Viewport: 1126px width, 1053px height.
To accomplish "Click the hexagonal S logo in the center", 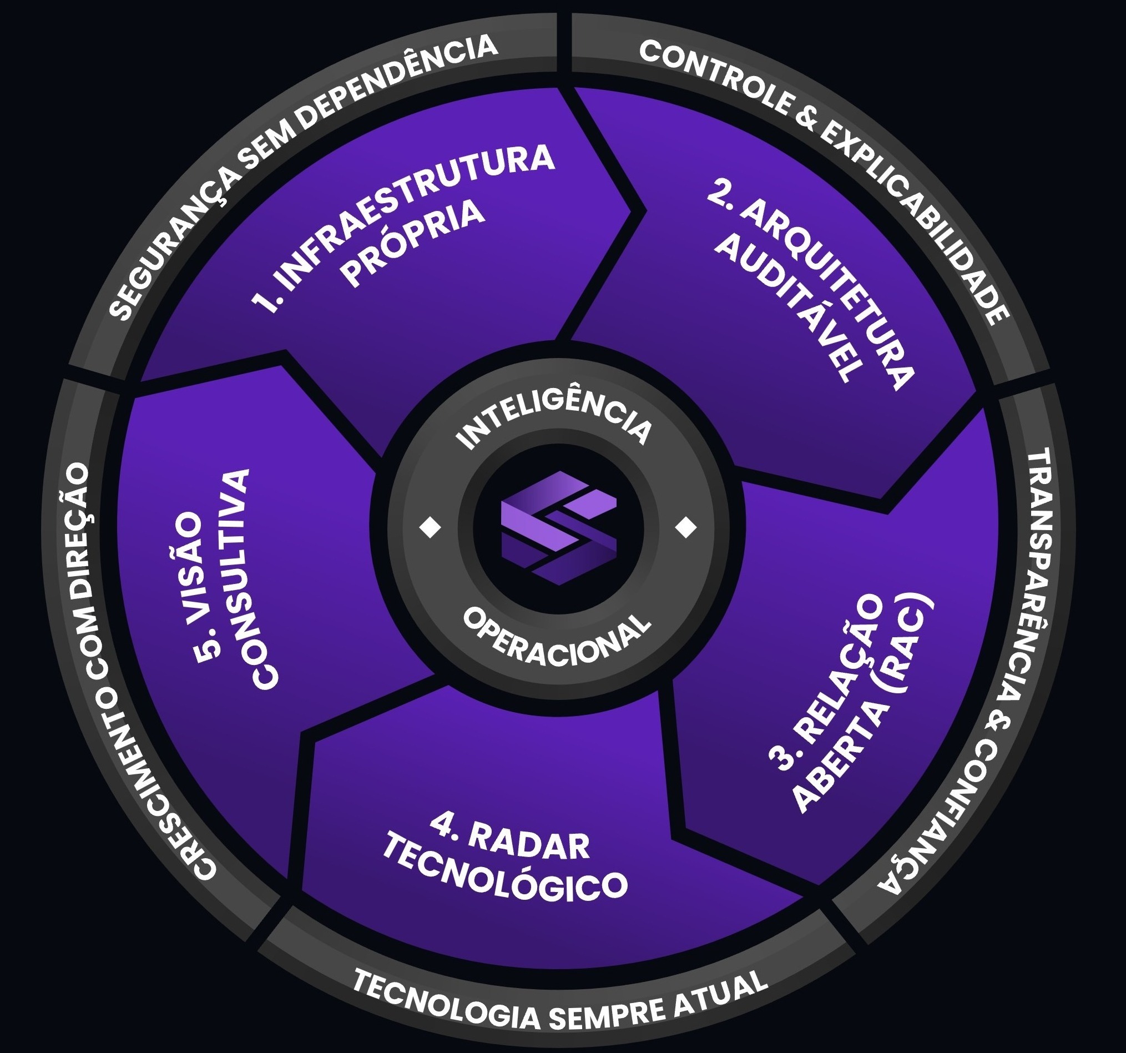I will (558, 527).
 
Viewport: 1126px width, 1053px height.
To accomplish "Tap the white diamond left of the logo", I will (430, 528).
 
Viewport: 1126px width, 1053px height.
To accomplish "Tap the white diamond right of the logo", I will (686, 528).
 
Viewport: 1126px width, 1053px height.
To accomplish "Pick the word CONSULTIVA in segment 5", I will (249, 578).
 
